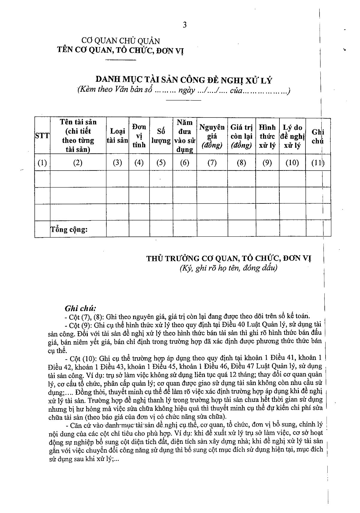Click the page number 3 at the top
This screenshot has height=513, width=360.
point(184,25)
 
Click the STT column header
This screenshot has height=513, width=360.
point(42,136)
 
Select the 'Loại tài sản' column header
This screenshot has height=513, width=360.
point(117,136)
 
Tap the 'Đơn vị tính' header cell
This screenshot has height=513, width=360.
point(139,136)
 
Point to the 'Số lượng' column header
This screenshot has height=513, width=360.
point(161,136)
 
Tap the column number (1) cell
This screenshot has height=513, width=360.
point(42,163)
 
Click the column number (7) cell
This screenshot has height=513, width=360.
point(212,163)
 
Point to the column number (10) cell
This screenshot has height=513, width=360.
point(292,163)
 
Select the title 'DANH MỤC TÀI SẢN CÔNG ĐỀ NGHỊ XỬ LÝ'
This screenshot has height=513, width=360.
point(184,80)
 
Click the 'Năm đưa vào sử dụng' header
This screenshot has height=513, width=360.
point(185,136)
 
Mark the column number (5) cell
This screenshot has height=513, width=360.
point(161,163)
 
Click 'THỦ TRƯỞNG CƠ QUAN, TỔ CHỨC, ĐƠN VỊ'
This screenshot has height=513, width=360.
point(229,258)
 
